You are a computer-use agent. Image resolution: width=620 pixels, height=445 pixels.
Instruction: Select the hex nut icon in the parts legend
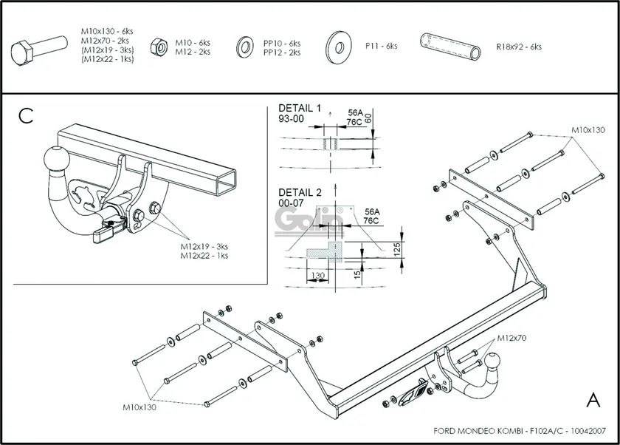(x=159, y=47)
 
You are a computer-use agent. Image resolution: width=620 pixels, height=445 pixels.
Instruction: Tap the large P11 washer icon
(x=339, y=47)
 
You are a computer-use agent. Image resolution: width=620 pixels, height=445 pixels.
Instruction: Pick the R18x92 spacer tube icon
(x=450, y=46)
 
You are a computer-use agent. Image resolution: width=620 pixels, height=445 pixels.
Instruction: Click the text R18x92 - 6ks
(x=519, y=47)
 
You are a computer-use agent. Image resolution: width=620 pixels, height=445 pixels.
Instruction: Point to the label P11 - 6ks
(x=381, y=46)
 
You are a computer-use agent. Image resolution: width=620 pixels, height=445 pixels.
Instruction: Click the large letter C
(x=26, y=115)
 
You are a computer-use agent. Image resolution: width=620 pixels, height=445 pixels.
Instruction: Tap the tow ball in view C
(x=57, y=160)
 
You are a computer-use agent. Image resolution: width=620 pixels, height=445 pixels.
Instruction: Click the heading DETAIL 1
(x=300, y=108)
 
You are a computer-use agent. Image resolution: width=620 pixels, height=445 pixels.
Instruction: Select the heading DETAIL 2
(x=300, y=192)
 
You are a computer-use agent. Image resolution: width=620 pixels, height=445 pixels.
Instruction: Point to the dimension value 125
(x=397, y=250)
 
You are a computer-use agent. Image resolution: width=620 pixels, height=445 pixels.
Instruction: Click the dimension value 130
(x=318, y=275)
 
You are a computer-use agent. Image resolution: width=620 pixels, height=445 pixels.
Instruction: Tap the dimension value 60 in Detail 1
(x=368, y=118)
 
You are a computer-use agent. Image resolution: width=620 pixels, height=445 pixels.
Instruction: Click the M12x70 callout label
(x=512, y=338)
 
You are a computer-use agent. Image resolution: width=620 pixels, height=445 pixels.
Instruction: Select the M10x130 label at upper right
(x=588, y=130)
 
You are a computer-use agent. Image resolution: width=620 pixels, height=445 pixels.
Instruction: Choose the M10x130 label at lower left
(x=139, y=407)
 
